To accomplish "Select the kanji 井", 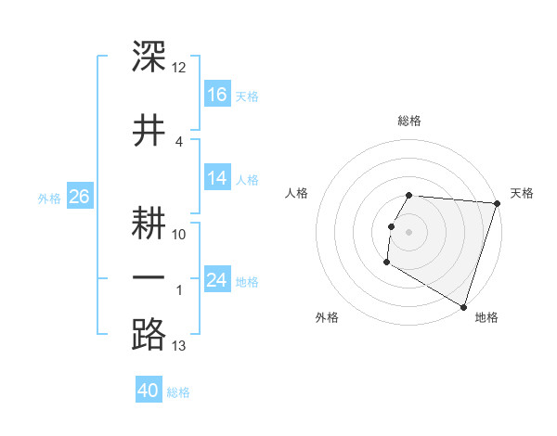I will [x=149, y=130].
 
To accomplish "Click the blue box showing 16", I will [x=217, y=95].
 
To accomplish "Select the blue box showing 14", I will [x=217, y=178].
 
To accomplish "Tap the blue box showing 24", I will [x=217, y=280].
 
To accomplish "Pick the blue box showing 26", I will [x=79, y=197].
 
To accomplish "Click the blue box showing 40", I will [x=149, y=391].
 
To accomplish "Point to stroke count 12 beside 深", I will [x=179, y=68].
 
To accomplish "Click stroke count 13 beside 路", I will [x=179, y=347].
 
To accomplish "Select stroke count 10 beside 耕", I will [x=179, y=235].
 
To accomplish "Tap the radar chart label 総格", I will [x=409, y=121].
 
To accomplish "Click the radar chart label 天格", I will [x=523, y=193].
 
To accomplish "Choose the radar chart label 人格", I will [x=297, y=193].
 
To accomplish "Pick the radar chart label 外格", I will [x=327, y=317].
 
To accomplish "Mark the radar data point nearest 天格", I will [x=498, y=203].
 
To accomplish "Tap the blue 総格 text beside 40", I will [x=178, y=392].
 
